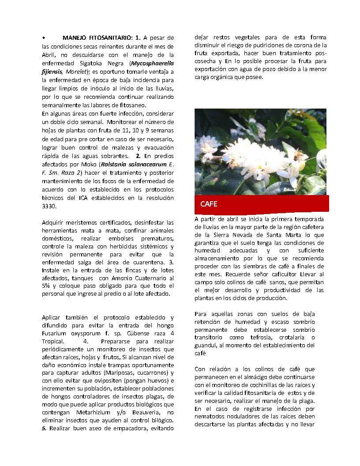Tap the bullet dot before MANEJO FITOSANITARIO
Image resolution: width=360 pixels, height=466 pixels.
pos(44,38)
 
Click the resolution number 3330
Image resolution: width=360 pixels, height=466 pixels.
pos(49,206)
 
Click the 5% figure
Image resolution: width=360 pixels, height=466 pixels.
pos(47,286)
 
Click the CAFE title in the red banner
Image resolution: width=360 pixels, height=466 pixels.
pos(209,204)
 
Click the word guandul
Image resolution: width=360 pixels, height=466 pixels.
pos(206,345)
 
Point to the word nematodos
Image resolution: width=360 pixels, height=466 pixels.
pos(212,416)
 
